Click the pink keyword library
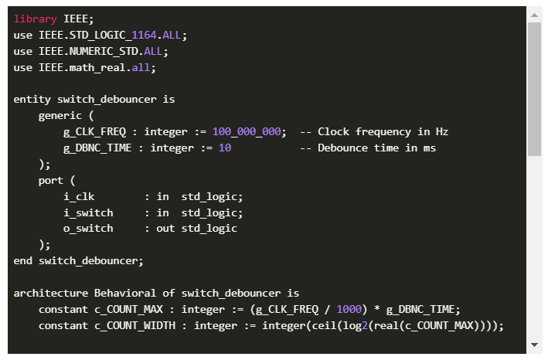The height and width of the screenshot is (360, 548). pyautogui.click(x=35, y=19)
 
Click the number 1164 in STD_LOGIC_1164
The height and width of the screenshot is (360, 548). pyautogui.click(x=144, y=35)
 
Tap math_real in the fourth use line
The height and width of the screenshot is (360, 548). pyautogui.click(x=97, y=67)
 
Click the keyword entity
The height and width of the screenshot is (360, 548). pyautogui.click(x=32, y=100)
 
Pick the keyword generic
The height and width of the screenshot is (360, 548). pyautogui.click(x=60, y=116)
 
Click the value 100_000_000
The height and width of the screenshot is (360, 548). pyautogui.click(x=247, y=131)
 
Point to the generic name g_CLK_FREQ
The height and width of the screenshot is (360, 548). pyautogui.click(x=94, y=131)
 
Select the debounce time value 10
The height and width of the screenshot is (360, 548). pyautogui.click(x=225, y=148)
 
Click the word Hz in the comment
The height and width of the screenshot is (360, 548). pyautogui.click(x=442, y=131)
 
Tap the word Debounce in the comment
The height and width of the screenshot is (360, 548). pyautogui.click(x=342, y=148)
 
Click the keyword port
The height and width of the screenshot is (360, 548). pyautogui.click(x=51, y=181)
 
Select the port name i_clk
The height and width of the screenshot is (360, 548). pyautogui.click(x=79, y=196)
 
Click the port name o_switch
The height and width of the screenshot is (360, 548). pyautogui.click(x=88, y=229)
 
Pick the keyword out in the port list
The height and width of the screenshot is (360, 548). pyautogui.click(x=165, y=229)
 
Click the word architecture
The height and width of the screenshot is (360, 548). pyautogui.click(x=51, y=293)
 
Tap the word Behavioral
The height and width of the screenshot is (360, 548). pyautogui.click(x=125, y=293)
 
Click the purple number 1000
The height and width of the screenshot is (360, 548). pyautogui.click(x=349, y=309)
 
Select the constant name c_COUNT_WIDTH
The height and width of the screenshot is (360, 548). pyautogui.click(x=135, y=325)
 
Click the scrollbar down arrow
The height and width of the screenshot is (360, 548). pyautogui.click(x=534, y=345)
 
